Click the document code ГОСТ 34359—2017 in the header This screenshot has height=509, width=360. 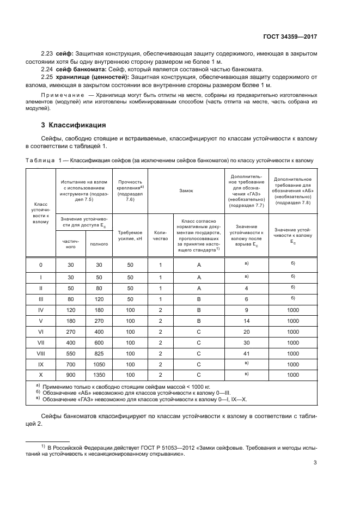click(x=290, y=36)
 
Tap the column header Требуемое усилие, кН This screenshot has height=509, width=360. click(x=130, y=235)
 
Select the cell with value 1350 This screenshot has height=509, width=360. click(x=99, y=375)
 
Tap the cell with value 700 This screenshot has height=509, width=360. click(x=70, y=364)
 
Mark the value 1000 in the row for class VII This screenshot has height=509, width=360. click(x=292, y=343)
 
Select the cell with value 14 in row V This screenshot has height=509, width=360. click(x=247, y=321)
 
